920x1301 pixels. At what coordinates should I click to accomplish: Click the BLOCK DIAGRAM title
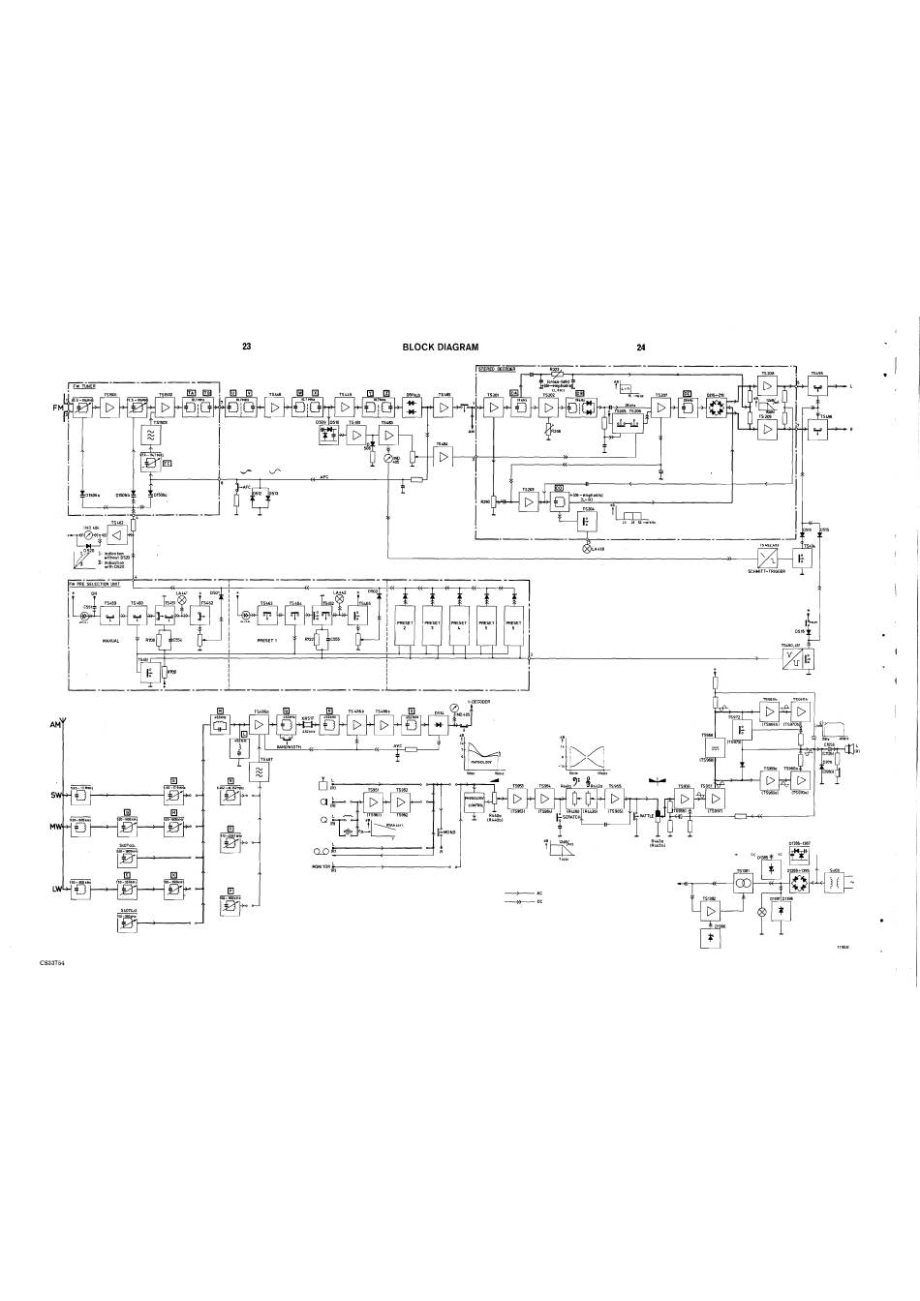coord(440,347)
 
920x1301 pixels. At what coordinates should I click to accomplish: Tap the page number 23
coord(247,347)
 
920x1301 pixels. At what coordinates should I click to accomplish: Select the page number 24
coord(642,347)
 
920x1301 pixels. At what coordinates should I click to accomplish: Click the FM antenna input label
coord(57,408)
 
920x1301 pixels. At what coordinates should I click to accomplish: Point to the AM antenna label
coord(55,724)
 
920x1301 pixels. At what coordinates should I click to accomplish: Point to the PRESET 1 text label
coord(265,640)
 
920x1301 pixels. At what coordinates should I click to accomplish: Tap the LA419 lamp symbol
coord(585,548)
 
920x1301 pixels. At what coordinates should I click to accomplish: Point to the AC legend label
coord(538,893)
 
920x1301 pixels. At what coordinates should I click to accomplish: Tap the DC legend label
coord(538,901)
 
